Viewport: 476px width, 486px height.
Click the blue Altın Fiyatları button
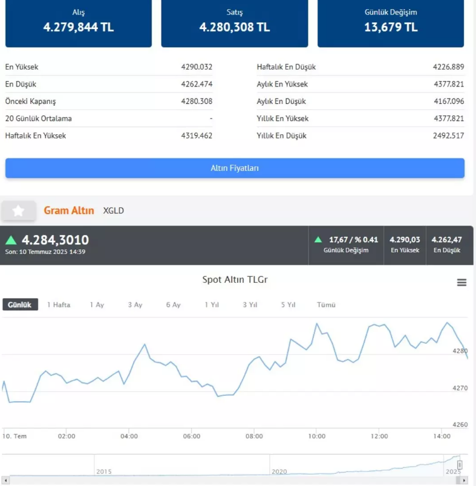coord(235,168)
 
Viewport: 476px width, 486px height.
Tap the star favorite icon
coord(18,211)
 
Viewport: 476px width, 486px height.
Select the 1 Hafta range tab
coord(59,305)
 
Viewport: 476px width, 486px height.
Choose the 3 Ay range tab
coord(135,305)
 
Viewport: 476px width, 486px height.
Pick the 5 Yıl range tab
coord(288,305)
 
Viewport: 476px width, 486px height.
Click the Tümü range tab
coord(326,305)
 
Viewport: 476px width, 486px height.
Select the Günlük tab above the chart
coord(20,305)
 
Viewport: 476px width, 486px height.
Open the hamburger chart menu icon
coord(461,282)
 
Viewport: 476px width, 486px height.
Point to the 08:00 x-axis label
coord(254,436)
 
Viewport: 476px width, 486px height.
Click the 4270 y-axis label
coord(460,388)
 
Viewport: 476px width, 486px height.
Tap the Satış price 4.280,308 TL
coord(235,27)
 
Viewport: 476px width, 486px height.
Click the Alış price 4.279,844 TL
coord(79,27)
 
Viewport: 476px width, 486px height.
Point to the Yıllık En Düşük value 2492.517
coord(448,135)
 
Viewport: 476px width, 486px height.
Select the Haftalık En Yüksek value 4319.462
coord(197,135)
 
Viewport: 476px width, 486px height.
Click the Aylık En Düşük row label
coord(281,102)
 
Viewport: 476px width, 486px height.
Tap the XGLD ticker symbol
coord(113,211)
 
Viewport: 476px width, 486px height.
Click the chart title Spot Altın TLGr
coord(235,280)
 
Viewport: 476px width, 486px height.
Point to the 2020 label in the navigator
coord(279,471)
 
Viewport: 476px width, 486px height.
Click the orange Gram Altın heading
coord(69,210)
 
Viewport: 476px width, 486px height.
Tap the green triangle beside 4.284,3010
coord(11,240)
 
